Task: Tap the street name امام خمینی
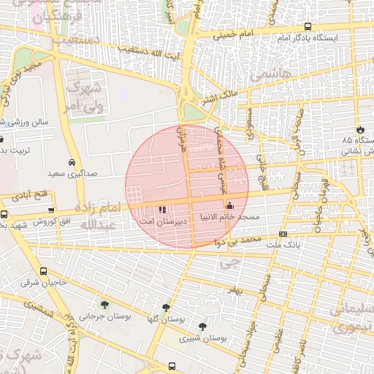(x=233, y=34)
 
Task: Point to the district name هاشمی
(x=270, y=75)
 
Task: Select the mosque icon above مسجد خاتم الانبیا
(x=230, y=205)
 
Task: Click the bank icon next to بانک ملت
(x=283, y=234)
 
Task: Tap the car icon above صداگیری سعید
(x=72, y=163)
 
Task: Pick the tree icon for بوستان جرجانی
(x=103, y=305)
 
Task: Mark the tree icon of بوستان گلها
(x=166, y=308)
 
